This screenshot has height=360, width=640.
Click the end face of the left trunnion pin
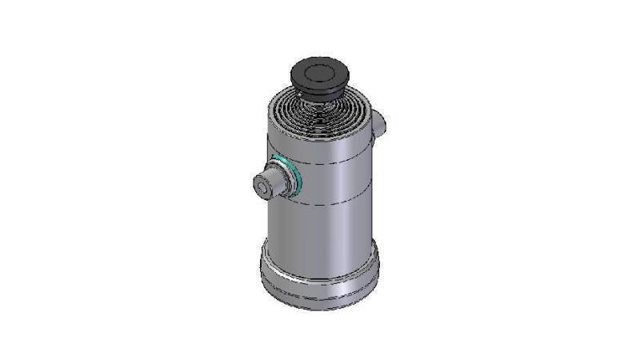click(x=262, y=187)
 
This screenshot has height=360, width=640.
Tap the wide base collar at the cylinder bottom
click(x=320, y=276)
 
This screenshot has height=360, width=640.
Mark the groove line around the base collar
click(x=320, y=282)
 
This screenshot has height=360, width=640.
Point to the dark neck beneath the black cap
click(x=320, y=93)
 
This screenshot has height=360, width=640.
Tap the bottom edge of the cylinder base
click(x=320, y=307)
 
